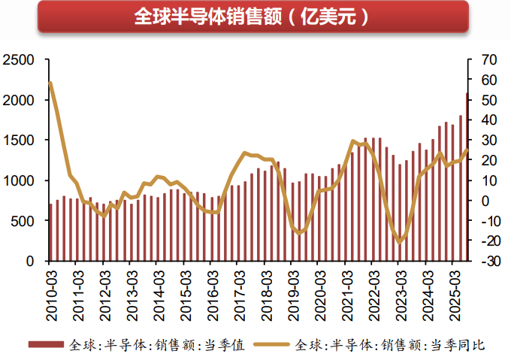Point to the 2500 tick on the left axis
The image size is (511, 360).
click(x=17, y=59)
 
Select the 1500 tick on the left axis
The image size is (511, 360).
click(x=17, y=141)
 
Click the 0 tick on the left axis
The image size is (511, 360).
click(x=30, y=262)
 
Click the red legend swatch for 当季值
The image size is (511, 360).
click(x=46, y=345)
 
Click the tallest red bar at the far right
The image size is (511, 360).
click(x=466, y=177)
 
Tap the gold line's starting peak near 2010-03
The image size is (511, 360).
click(x=50, y=83)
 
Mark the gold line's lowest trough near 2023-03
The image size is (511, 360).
click(x=400, y=242)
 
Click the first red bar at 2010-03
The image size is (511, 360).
click(x=50, y=232)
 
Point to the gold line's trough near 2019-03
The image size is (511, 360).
click(x=299, y=233)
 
